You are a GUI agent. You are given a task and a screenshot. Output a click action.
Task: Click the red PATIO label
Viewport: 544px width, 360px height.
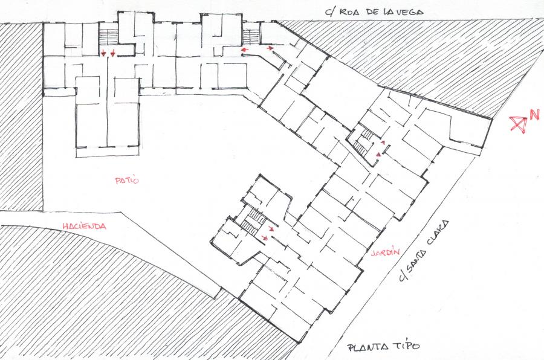pos(127,181)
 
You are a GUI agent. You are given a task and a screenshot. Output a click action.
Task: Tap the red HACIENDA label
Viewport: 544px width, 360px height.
pos(84,226)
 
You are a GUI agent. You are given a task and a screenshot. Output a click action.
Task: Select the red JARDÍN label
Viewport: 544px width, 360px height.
pos(385,253)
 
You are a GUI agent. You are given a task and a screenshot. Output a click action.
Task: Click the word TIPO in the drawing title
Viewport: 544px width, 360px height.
pos(406,346)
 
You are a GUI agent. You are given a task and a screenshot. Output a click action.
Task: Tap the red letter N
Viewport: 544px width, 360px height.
pos(534,114)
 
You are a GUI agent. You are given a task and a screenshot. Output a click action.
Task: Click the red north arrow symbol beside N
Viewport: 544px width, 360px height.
pos(519,124)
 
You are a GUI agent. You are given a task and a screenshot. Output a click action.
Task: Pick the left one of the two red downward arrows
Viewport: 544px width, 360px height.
pos(103,53)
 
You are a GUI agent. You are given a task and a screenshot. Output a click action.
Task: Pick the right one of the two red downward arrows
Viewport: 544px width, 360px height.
pos(113,53)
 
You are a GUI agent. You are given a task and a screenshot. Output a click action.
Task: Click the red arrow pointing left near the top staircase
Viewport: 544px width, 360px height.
pos(245,50)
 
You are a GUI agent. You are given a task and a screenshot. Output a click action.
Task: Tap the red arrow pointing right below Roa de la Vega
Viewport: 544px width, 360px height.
pos(270,48)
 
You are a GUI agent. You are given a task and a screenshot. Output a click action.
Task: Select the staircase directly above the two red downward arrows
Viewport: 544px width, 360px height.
pos(108,36)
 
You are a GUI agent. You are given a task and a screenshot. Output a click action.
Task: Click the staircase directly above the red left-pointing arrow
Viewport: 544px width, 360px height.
pos(251,37)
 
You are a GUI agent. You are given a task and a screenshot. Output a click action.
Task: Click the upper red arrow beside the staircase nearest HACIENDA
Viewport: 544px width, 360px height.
pos(271,229)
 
